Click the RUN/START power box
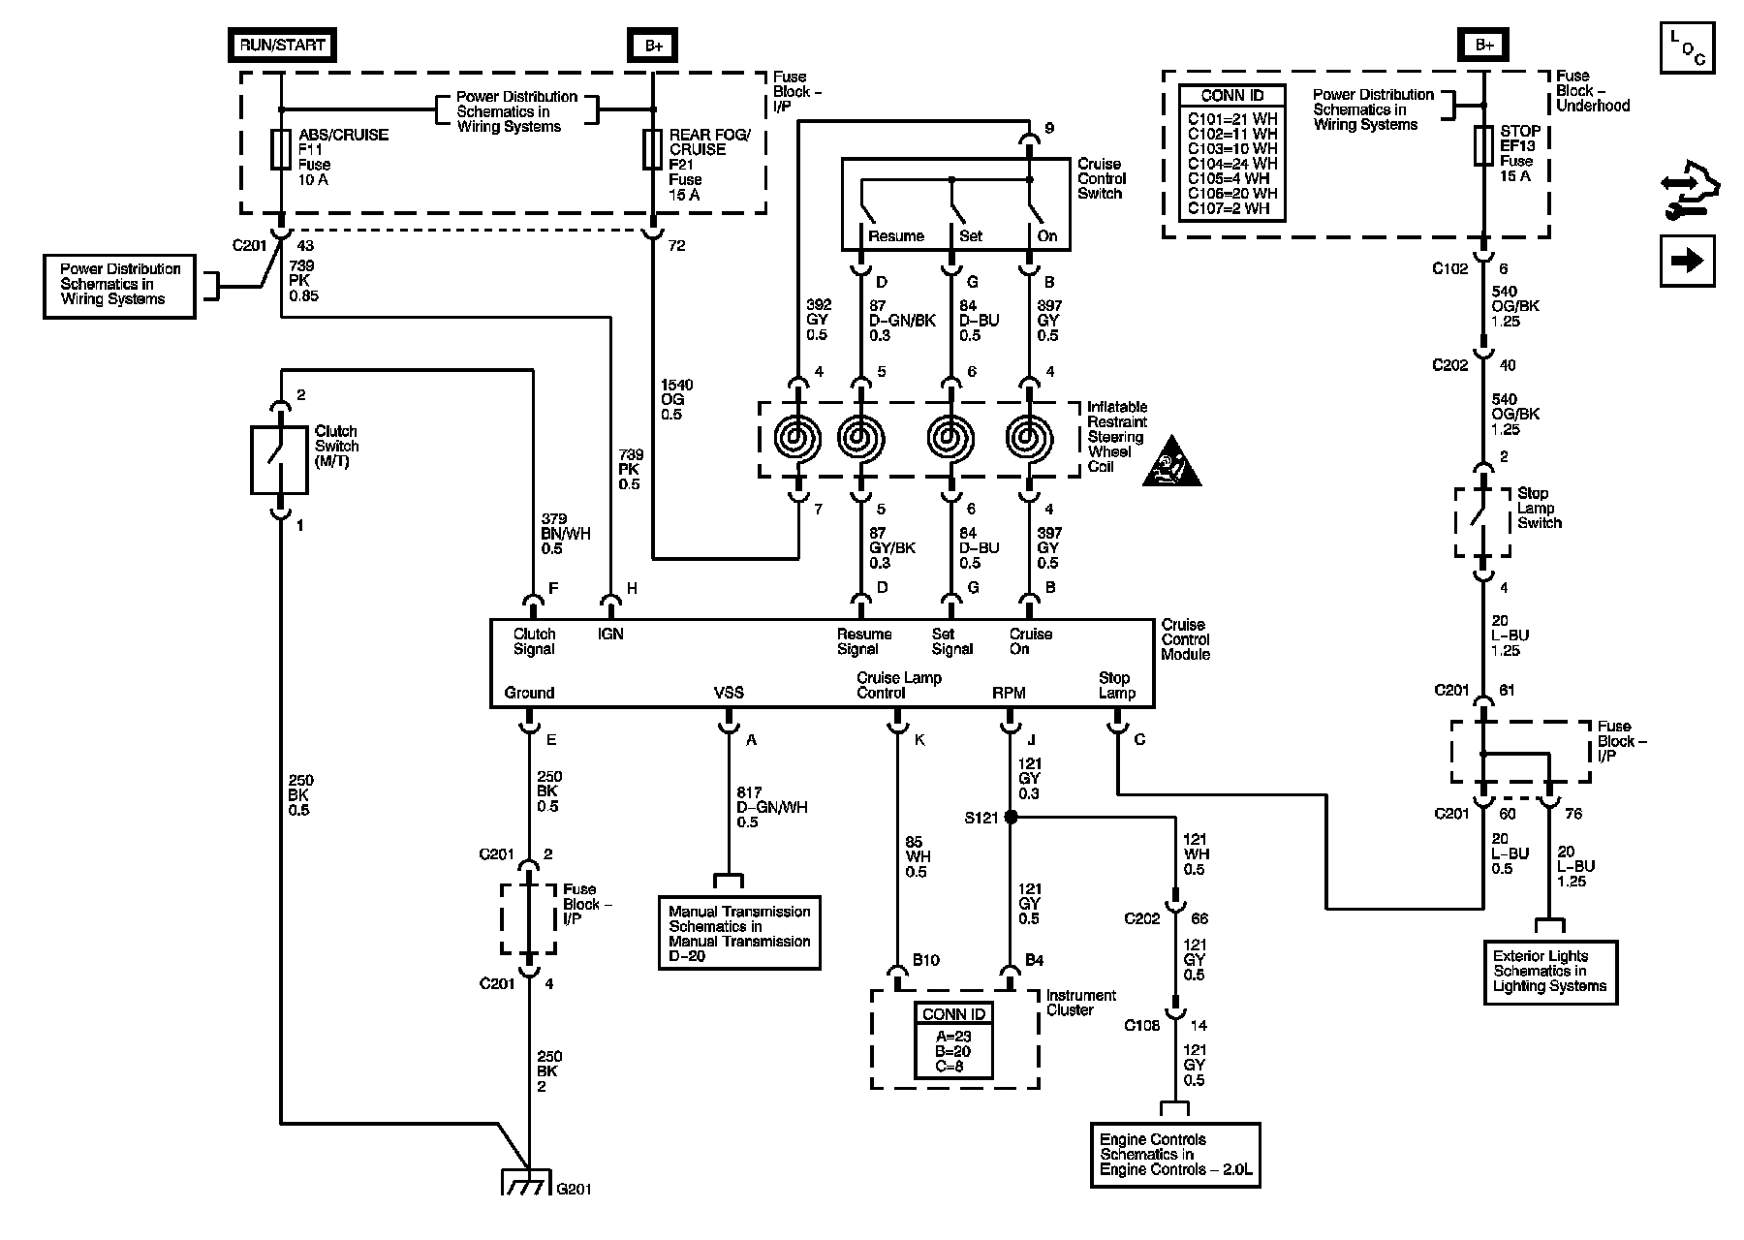coord(282,45)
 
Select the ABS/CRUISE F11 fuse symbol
coord(281,150)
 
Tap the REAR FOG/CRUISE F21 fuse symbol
coord(653,150)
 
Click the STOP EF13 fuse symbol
coord(1483,145)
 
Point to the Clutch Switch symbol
coord(280,461)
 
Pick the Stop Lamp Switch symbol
coord(1482,522)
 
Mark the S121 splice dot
coord(1011,818)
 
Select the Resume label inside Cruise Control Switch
coord(896,236)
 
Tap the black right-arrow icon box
coord(1687,261)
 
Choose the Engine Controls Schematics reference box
coord(1175,1155)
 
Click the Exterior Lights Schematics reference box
coord(1550,972)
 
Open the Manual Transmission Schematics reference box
coord(739,933)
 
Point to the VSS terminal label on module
coord(729,693)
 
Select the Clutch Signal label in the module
coord(534,641)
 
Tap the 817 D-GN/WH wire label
coord(771,807)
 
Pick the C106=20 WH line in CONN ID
coord(1232,193)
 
